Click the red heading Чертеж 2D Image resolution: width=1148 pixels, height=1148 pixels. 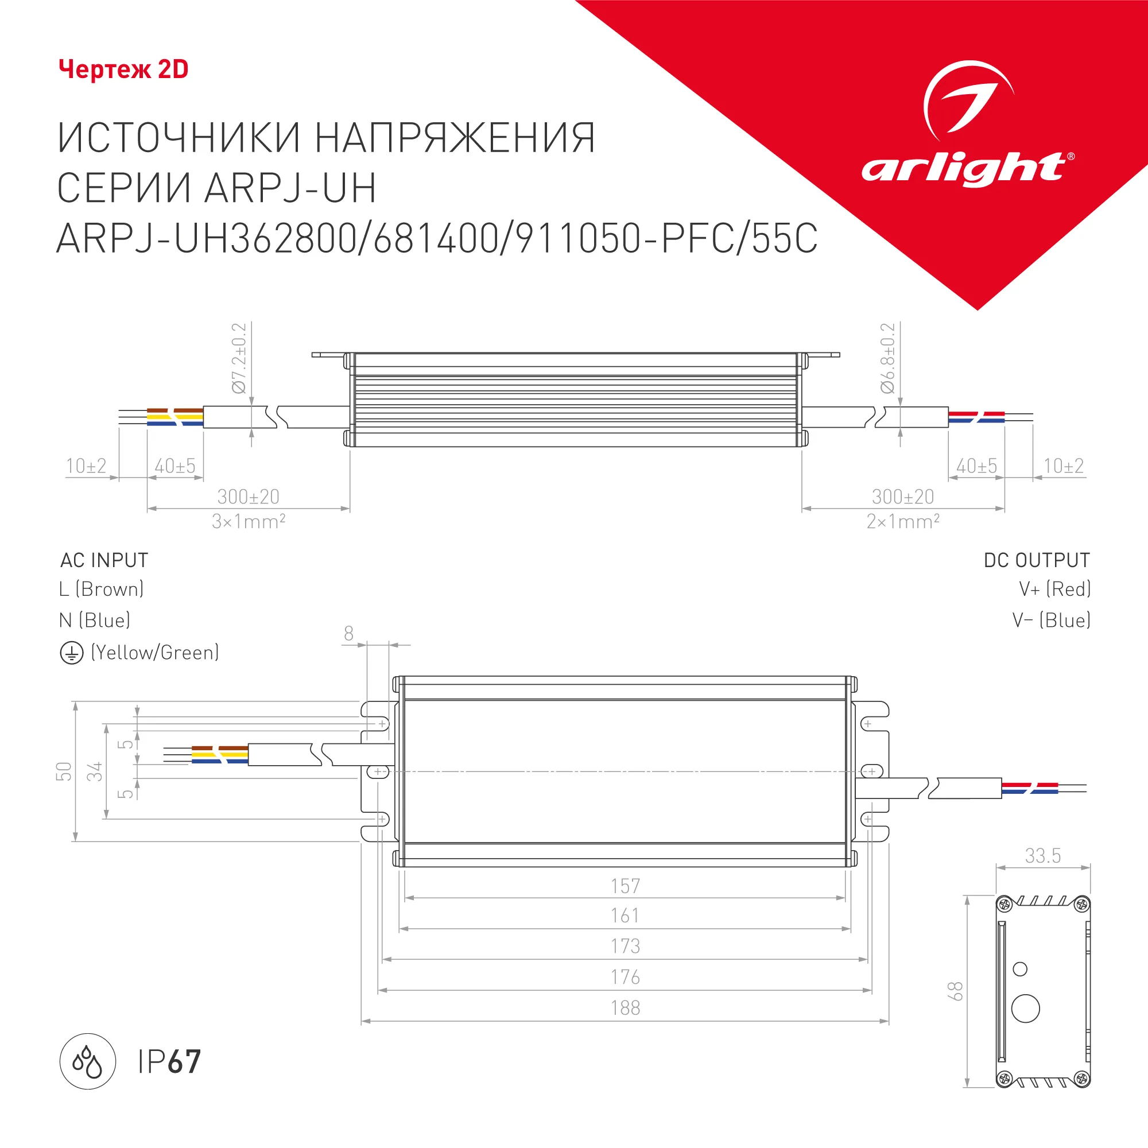pyautogui.click(x=123, y=69)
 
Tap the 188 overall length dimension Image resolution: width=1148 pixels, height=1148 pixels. pyautogui.click(x=625, y=1009)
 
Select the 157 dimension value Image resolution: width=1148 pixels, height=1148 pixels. pyautogui.click(x=625, y=886)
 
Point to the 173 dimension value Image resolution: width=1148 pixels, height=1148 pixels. pyautogui.click(x=625, y=946)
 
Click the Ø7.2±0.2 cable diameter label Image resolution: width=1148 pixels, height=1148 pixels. pyautogui.click(x=239, y=358)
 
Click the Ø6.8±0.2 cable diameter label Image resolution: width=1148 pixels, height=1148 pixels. pyautogui.click(x=887, y=358)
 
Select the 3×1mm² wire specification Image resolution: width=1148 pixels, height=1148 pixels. pyautogui.click(x=249, y=522)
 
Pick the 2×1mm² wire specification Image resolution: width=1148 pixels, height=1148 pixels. pyautogui.click(x=902, y=522)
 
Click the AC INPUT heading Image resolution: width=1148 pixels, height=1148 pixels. pyautogui.click(x=104, y=560)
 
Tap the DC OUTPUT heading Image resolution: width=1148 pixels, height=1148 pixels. pyautogui.click(x=1036, y=560)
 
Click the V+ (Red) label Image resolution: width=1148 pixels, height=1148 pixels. pyautogui.click(x=1054, y=589)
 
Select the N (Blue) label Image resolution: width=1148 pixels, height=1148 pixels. pyautogui.click(x=95, y=620)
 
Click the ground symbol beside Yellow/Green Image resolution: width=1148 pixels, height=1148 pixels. pyautogui.click(x=71, y=653)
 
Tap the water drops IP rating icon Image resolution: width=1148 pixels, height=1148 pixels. pyautogui.click(x=87, y=1061)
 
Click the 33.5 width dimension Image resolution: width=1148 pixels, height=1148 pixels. pyautogui.click(x=1042, y=856)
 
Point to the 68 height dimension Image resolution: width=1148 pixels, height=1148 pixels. pyautogui.click(x=955, y=991)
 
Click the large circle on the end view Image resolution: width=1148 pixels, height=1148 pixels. pyautogui.click(x=1025, y=1009)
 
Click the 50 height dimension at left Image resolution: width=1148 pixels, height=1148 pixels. pyautogui.click(x=64, y=771)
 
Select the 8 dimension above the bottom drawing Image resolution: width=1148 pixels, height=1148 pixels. pyautogui.click(x=349, y=634)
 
